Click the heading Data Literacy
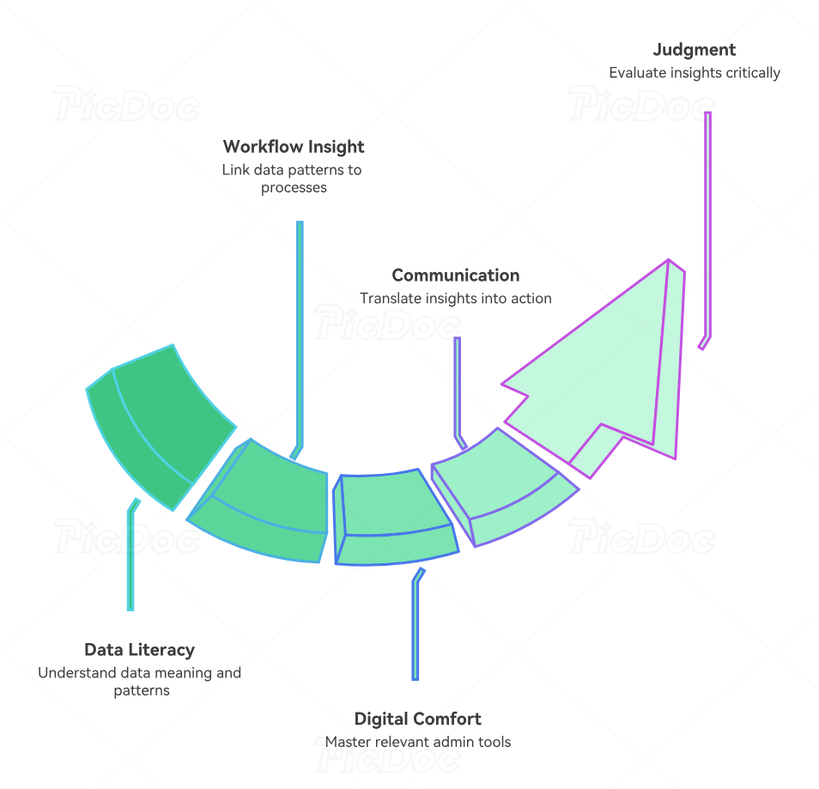click(139, 650)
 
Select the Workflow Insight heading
click(294, 147)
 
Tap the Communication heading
click(455, 276)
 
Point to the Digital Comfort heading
click(417, 719)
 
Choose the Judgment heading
click(694, 50)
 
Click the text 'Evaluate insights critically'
click(694, 73)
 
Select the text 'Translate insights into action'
click(455, 299)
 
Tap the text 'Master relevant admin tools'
click(417, 742)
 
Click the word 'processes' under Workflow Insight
click(294, 187)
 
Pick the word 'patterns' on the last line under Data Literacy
click(142, 690)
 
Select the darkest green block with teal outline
click(163, 421)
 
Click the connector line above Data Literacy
click(130, 558)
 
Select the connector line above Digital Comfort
click(416, 627)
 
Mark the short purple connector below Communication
click(458, 386)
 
